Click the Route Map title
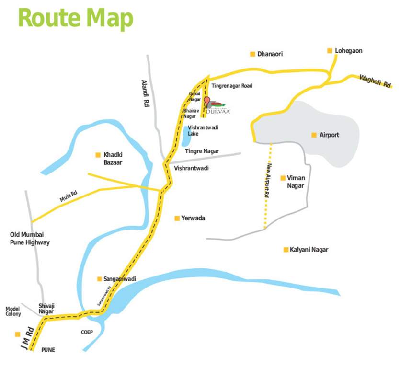(x=75, y=18)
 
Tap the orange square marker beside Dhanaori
(x=252, y=54)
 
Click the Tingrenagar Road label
(x=232, y=86)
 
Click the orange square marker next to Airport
(x=314, y=135)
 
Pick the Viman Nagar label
(x=296, y=182)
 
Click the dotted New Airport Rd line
(x=267, y=192)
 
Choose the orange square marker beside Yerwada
(x=176, y=218)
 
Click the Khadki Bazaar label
(x=113, y=159)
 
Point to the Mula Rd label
(x=69, y=196)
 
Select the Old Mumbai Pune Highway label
(x=30, y=239)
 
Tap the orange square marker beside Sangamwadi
(x=99, y=278)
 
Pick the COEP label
(x=87, y=332)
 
